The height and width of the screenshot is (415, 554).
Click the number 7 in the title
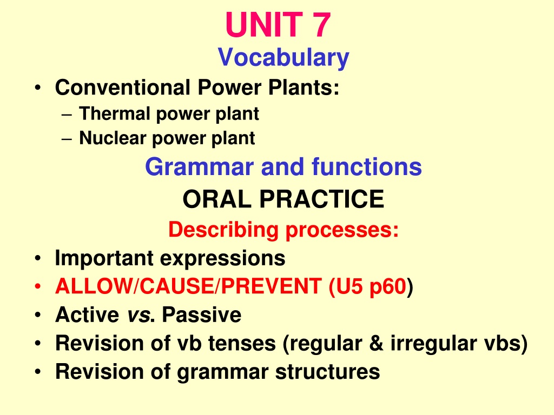[x=321, y=25]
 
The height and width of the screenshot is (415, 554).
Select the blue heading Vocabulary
[x=283, y=57]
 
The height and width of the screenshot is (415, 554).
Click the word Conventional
[x=123, y=87]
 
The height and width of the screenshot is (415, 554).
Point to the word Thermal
[x=115, y=113]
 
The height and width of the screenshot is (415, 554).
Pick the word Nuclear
[x=113, y=138]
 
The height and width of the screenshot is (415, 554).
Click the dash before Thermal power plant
[x=67, y=115]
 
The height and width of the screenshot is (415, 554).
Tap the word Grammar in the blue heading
[x=200, y=167]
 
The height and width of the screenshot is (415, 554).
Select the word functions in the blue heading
[x=367, y=166]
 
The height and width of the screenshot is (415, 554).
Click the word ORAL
[x=217, y=199]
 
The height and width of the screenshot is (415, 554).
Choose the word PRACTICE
[x=322, y=199]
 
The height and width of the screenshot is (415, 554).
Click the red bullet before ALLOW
[x=38, y=286]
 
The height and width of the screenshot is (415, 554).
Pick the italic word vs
[x=138, y=315]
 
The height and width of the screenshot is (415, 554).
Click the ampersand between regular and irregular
[x=377, y=343]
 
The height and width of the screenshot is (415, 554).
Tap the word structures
[x=327, y=372]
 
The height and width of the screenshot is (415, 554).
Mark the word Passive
[x=202, y=314]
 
